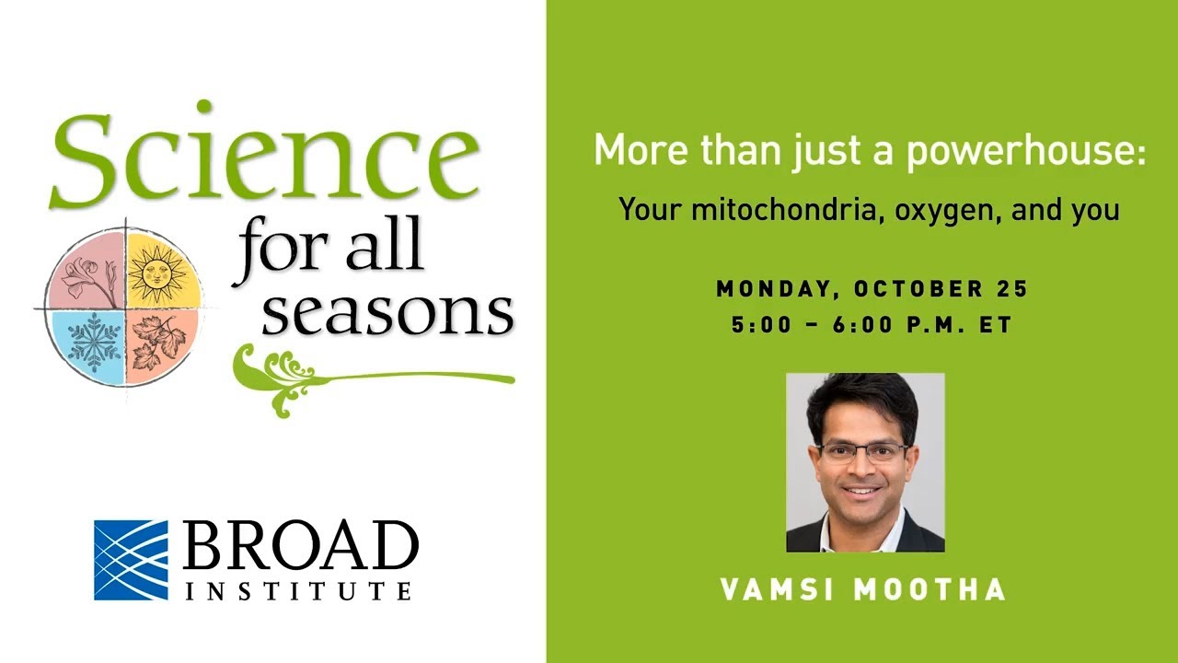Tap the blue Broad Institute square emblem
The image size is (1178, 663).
131,560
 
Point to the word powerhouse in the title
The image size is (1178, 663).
1026,151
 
